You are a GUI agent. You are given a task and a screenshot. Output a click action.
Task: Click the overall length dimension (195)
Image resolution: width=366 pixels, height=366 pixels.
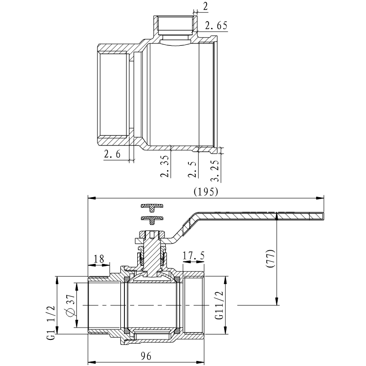pyautogui.click(x=205, y=191)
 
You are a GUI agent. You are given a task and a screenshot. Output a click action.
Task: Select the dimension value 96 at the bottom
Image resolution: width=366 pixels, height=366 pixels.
pyautogui.click(x=147, y=354)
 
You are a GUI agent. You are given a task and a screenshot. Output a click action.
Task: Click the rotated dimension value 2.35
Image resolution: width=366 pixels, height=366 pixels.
pyautogui.click(x=165, y=167)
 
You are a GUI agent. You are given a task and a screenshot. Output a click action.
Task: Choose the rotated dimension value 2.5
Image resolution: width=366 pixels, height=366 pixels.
pyautogui.click(x=194, y=168)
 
